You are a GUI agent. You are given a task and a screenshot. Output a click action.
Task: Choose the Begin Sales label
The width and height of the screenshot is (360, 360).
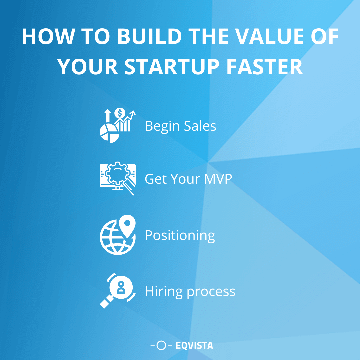point(180,126)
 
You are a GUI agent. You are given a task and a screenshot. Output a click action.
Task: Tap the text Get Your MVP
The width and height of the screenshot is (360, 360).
point(188,179)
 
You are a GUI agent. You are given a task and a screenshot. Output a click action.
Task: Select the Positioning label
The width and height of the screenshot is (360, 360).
point(180,236)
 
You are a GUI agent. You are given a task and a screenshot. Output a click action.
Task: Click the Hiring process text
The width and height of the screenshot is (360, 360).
point(190,291)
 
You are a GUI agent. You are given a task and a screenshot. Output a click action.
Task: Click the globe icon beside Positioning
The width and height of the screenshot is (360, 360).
point(113,237)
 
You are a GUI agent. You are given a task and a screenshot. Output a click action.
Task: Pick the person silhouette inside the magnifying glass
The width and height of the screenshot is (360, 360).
point(121,287)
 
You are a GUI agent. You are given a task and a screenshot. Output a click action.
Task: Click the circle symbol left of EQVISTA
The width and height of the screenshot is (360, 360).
point(161,346)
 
